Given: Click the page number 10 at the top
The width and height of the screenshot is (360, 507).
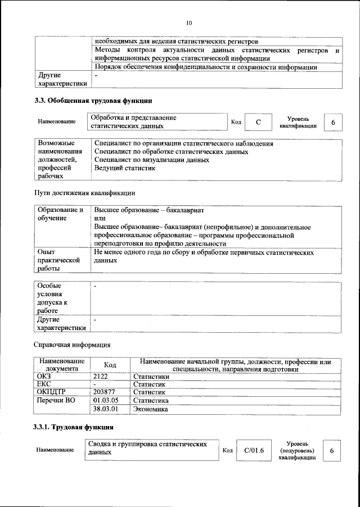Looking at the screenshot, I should (189, 23).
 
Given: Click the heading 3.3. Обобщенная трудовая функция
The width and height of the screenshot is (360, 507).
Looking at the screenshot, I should (94, 101).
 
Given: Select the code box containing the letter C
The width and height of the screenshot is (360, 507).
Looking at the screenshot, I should (258, 122).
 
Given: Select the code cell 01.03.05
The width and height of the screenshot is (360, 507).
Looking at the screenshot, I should (105, 401).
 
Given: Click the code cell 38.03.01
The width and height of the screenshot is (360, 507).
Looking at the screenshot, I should (105, 409).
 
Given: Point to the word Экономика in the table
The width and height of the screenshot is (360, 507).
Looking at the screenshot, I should (150, 409).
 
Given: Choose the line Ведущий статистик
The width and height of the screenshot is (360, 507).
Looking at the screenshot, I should (124, 168).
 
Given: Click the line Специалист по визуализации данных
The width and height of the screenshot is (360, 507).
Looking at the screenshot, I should (152, 160).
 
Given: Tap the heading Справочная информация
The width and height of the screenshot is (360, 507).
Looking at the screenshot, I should (72, 344).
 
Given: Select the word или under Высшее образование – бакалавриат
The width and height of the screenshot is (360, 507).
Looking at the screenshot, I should (100, 218).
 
